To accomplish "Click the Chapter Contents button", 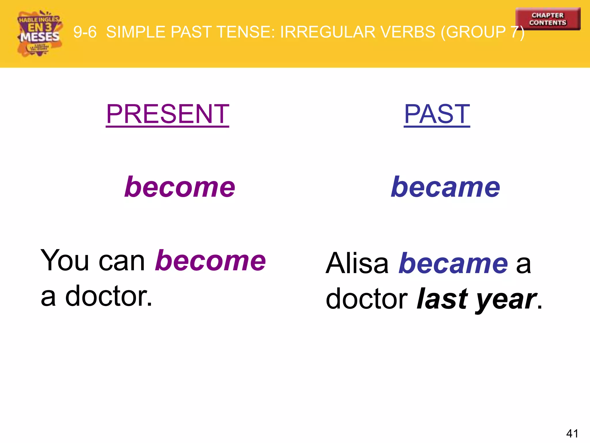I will pos(548,19).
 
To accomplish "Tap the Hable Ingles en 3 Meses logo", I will pos(39,33).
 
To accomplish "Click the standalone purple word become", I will pos(180,187).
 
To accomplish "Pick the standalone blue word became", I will pos(445,187).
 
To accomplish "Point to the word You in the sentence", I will pos(65,260).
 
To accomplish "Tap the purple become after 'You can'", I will pos(210,260).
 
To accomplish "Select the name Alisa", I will pos(357,263).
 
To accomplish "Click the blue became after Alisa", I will pos(453,263).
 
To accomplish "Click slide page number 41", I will pos(572,433).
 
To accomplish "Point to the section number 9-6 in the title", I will pos(85,32).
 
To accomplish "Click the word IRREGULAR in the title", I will pos(328,32).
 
